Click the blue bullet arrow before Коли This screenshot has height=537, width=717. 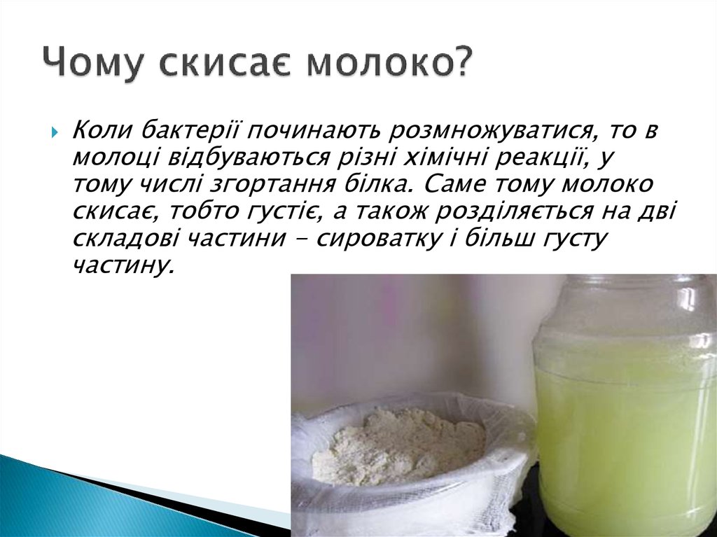click(x=55, y=133)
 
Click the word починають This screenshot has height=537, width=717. click(x=314, y=131)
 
